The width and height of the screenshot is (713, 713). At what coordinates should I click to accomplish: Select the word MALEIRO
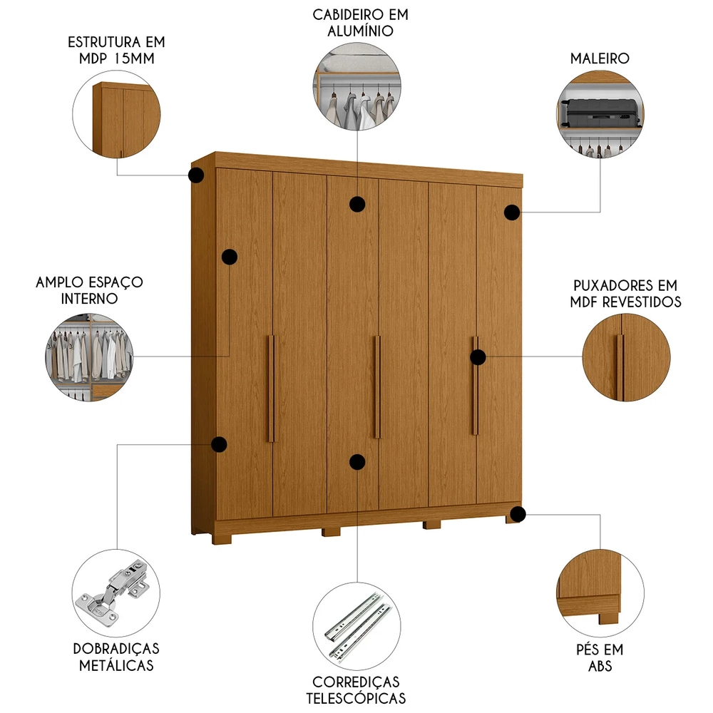600,58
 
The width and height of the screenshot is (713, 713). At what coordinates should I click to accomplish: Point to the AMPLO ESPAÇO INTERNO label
89,290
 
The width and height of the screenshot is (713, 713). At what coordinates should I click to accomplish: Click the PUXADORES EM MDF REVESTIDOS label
625,293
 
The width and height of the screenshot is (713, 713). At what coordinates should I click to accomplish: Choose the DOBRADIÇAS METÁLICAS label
116,657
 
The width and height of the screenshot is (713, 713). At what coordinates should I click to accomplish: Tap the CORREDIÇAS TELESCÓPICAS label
356,690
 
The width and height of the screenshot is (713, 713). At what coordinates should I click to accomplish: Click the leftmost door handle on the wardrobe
271,388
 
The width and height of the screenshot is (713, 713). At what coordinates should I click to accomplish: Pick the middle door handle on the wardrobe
377,386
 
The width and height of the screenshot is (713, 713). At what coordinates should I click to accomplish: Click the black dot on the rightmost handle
478,358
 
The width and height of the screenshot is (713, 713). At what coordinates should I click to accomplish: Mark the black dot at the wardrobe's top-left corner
195,175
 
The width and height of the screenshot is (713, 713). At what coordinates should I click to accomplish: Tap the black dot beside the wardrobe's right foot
518,513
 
